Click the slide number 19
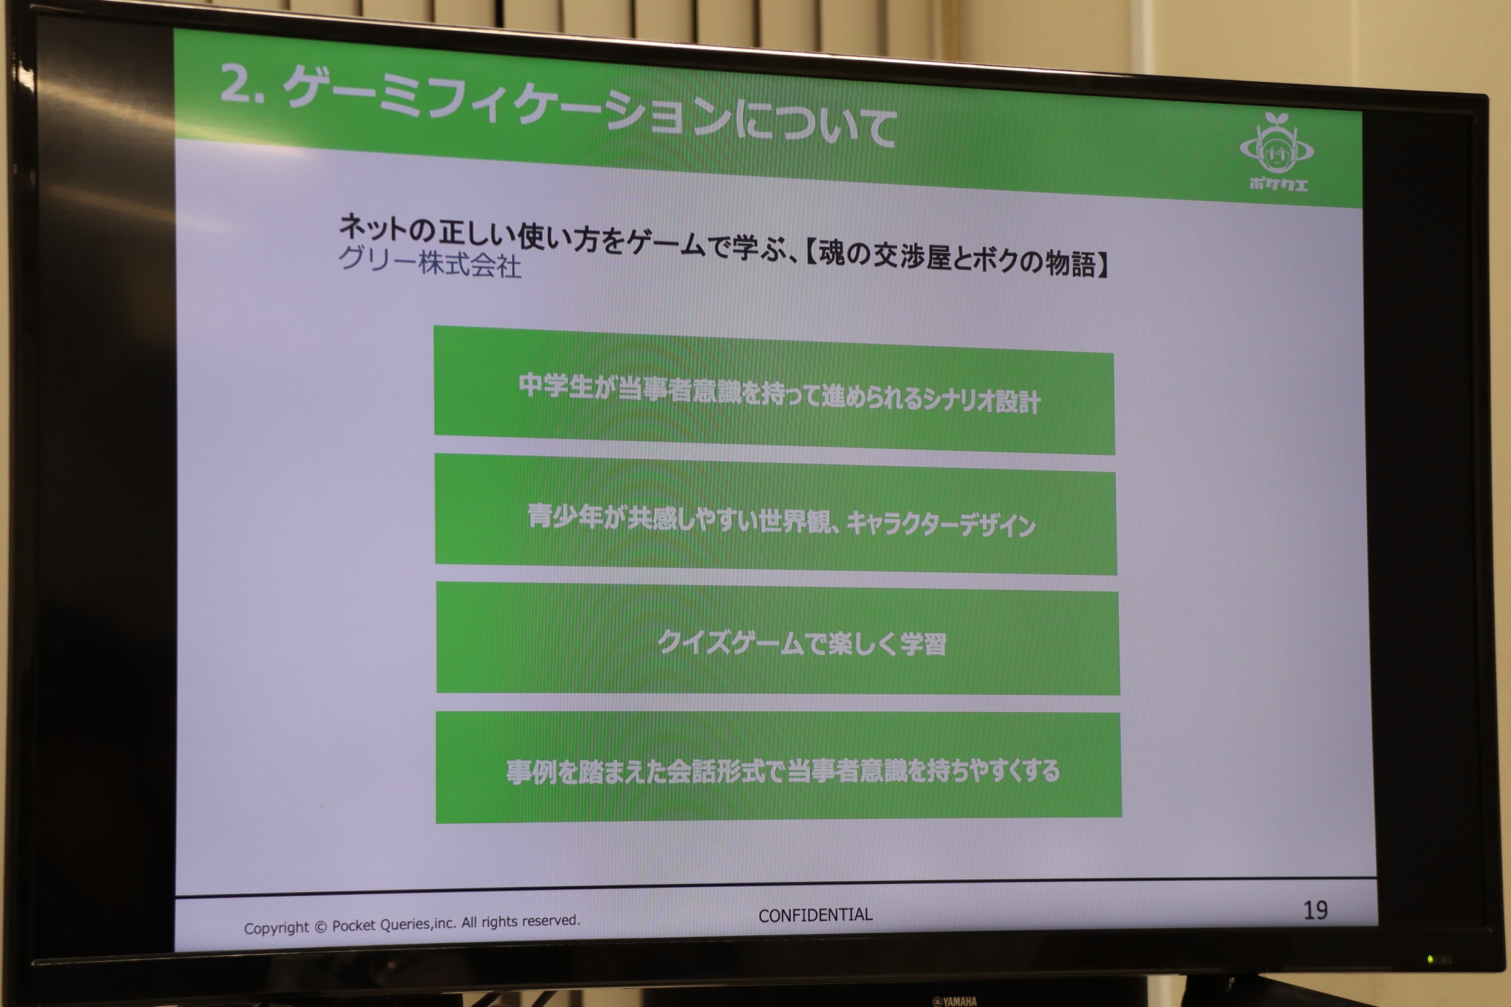click(x=1315, y=910)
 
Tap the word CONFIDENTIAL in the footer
click(x=815, y=915)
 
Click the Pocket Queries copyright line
click(x=412, y=925)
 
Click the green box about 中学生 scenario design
click(x=774, y=390)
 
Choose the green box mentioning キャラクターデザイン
click(x=776, y=514)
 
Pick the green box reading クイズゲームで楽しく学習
click(x=778, y=638)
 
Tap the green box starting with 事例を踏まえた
click(x=779, y=767)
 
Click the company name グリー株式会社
click(x=430, y=262)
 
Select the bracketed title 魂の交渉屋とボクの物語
click(x=956, y=260)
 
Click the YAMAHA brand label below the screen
click(x=954, y=1001)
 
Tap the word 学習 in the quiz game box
click(x=923, y=644)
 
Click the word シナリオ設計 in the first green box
click(x=981, y=401)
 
